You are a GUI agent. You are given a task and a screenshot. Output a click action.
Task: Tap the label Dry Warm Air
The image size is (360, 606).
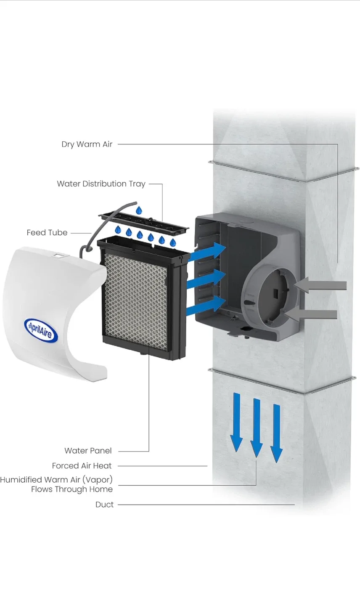87,144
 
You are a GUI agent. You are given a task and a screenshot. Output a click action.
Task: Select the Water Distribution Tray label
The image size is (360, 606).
101,184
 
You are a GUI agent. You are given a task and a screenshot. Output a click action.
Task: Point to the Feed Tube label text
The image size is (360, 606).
47,233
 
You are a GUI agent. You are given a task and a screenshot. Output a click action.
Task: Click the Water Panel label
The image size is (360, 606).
88,451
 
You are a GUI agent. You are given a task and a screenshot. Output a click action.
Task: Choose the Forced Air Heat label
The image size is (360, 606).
82,466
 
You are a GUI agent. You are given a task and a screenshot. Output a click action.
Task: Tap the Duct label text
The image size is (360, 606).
104,505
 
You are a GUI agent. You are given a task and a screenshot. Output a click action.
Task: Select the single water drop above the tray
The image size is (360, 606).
139,210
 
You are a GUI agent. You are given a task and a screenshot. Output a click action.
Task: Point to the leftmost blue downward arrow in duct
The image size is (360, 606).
237,421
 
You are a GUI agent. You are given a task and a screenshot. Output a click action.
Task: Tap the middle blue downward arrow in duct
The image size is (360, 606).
257,427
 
